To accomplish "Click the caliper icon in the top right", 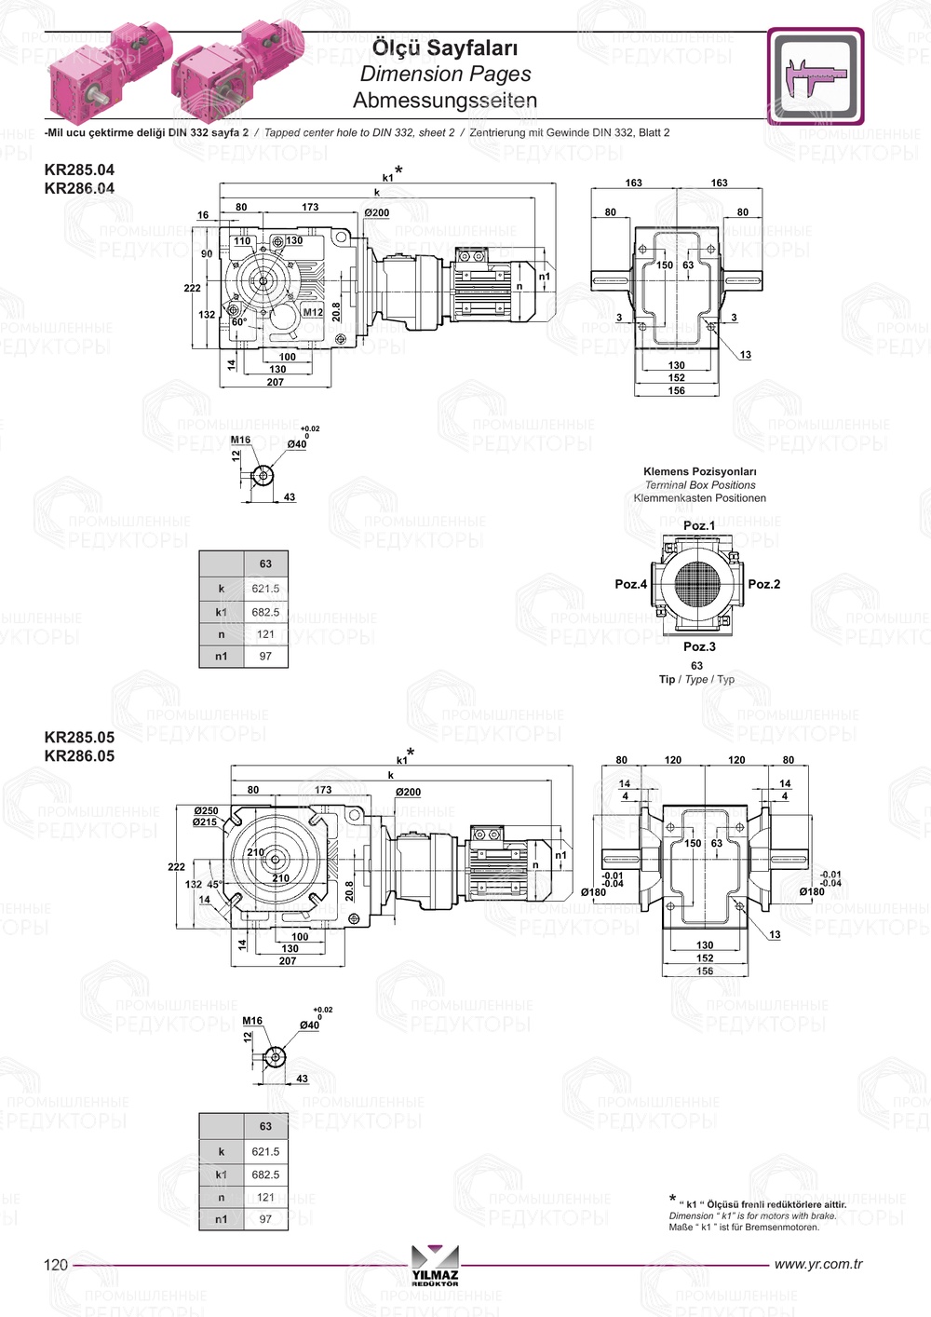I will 816,76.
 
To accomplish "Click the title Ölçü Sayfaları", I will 445,48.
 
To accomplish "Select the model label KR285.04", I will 79,170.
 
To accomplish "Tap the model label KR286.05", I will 79,756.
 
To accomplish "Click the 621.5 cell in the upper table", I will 265,589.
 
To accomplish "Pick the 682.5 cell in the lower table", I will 265,1174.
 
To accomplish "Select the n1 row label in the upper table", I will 222,657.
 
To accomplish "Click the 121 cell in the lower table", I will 265,1198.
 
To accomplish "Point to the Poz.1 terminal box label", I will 699,525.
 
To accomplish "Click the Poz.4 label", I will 630,584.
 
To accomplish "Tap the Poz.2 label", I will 764,584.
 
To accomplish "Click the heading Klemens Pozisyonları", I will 700,471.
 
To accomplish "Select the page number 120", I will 56,1265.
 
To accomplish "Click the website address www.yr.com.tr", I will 818,1264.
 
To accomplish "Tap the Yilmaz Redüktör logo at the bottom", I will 435,1265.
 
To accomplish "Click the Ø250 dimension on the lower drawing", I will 206,810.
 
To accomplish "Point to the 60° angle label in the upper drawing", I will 238,322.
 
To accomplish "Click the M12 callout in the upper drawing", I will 313,313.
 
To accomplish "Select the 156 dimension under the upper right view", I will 677,390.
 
